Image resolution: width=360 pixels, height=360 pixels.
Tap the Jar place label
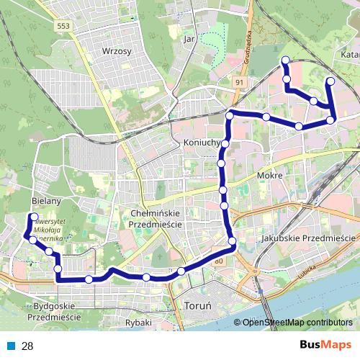[x=190, y=38]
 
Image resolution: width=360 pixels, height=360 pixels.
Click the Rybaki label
[x=138, y=323]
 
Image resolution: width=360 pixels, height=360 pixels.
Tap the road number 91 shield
[x=239, y=83]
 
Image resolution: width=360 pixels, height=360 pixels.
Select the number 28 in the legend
[x=27, y=346]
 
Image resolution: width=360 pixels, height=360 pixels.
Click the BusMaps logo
[x=326, y=346]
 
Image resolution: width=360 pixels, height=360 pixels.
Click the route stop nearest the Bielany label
[x=34, y=217]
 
